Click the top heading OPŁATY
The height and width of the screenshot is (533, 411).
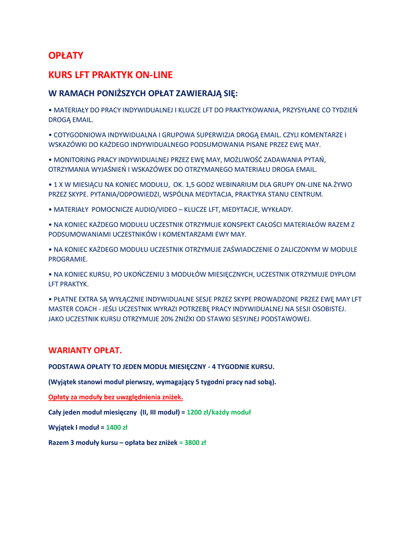65,55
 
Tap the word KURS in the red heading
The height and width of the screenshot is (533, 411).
60,75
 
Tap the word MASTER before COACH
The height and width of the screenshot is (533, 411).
63,309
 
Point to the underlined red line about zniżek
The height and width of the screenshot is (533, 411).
115,397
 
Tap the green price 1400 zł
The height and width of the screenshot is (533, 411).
117,427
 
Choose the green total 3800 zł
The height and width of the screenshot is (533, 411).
195,442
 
